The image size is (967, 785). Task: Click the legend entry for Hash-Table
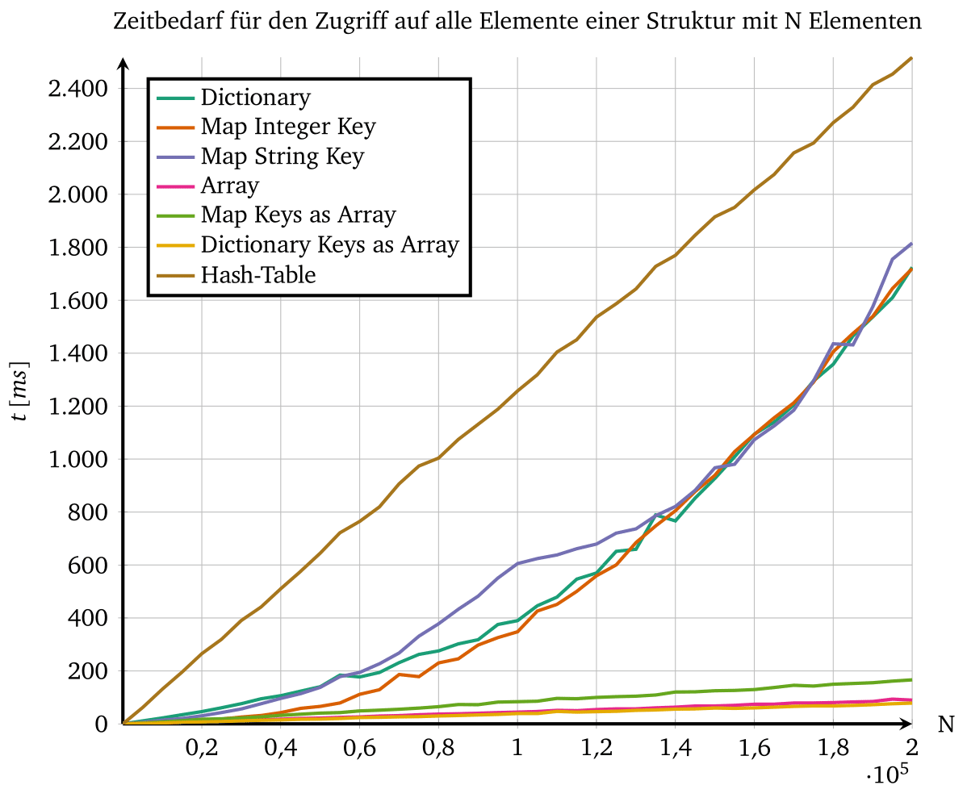[x=258, y=274]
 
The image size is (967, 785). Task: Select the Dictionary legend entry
[x=255, y=98]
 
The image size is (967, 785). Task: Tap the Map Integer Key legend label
[x=288, y=127]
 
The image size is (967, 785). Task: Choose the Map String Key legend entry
[x=283, y=156]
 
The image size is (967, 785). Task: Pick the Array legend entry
[x=230, y=186]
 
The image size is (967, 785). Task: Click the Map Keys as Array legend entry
[x=298, y=215]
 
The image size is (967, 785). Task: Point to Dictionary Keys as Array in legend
[x=329, y=244]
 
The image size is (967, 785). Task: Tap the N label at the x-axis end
[x=945, y=724]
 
